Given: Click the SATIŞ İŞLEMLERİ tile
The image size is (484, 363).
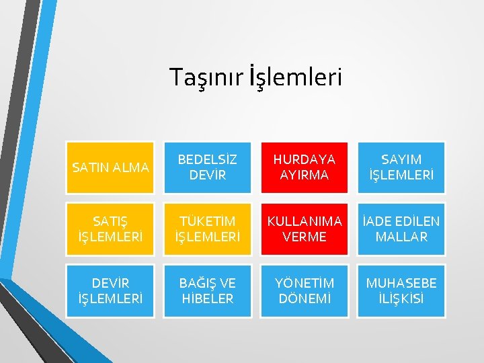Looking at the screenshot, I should pyautogui.click(x=110, y=229).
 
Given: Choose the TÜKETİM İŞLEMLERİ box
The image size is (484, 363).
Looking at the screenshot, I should pyautogui.click(x=208, y=229).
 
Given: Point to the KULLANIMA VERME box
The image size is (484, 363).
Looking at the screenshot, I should pyautogui.click(x=305, y=229).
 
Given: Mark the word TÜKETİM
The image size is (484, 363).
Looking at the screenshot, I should pyautogui.click(x=208, y=220).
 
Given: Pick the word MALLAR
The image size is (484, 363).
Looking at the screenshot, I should pyautogui.click(x=401, y=237).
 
